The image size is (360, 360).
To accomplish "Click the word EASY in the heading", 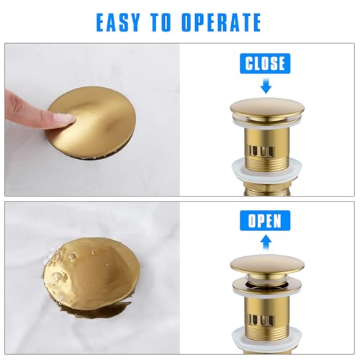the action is tap(118, 22).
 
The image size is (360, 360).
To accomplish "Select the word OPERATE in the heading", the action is tap(221, 22).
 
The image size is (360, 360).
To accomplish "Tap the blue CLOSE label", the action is tap(265, 63).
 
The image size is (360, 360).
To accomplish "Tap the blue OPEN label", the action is tap(265, 220).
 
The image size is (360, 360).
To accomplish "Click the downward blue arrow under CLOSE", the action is tap(266, 86).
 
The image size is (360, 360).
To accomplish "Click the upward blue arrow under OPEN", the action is tap(266, 242).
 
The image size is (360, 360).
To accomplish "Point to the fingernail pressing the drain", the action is tap(63, 118).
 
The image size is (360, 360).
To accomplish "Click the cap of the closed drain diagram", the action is tap(267, 108).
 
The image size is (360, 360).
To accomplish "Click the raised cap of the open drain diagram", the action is tap(267, 265).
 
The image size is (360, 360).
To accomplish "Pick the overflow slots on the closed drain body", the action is tap(261, 152).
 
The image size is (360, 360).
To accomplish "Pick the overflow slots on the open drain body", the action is tap(261, 320).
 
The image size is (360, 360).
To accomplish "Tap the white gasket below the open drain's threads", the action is tap(266, 338).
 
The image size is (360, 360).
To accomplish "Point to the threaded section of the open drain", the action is tap(267, 333).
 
